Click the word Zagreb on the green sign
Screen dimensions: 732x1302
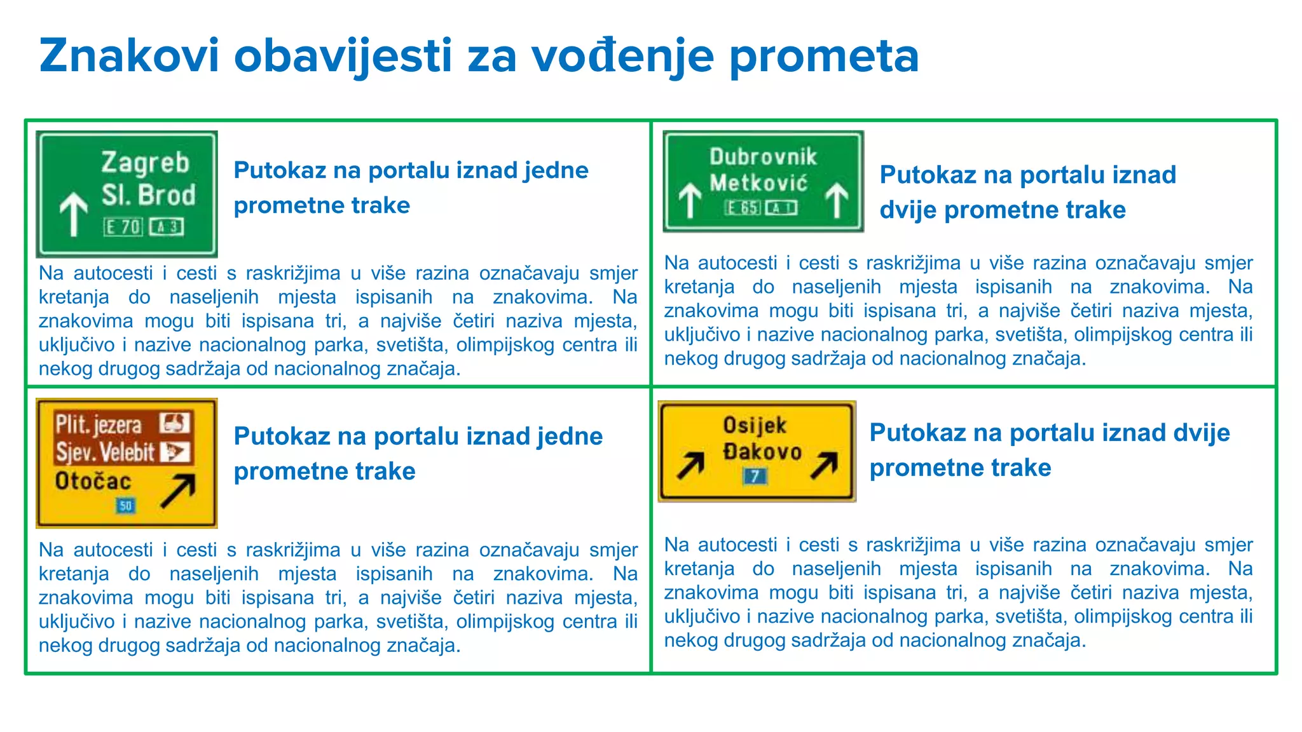[146, 163]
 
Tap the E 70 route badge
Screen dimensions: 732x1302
[123, 227]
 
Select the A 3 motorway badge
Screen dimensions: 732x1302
[167, 227]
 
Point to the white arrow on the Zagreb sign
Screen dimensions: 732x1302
[74, 213]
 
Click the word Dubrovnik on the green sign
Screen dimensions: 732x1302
[763, 156]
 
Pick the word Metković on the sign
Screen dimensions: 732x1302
[759, 183]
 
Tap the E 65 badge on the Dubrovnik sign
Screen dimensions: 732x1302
[743, 208]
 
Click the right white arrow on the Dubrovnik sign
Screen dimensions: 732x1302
[837, 200]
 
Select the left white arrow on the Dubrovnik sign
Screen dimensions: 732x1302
[690, 200]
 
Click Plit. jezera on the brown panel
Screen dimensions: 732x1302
[99, 424]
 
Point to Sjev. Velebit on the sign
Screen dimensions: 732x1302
[105, 452]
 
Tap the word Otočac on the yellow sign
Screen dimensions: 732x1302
[93, 481]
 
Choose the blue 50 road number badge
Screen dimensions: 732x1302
[125, 506]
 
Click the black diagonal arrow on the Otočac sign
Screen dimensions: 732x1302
[178, 491]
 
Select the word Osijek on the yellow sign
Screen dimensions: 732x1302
[755, 425]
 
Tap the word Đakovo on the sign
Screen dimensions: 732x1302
[762, 452]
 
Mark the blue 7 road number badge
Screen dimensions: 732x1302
[755, 476]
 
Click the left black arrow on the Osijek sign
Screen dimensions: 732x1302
[691, 466]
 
